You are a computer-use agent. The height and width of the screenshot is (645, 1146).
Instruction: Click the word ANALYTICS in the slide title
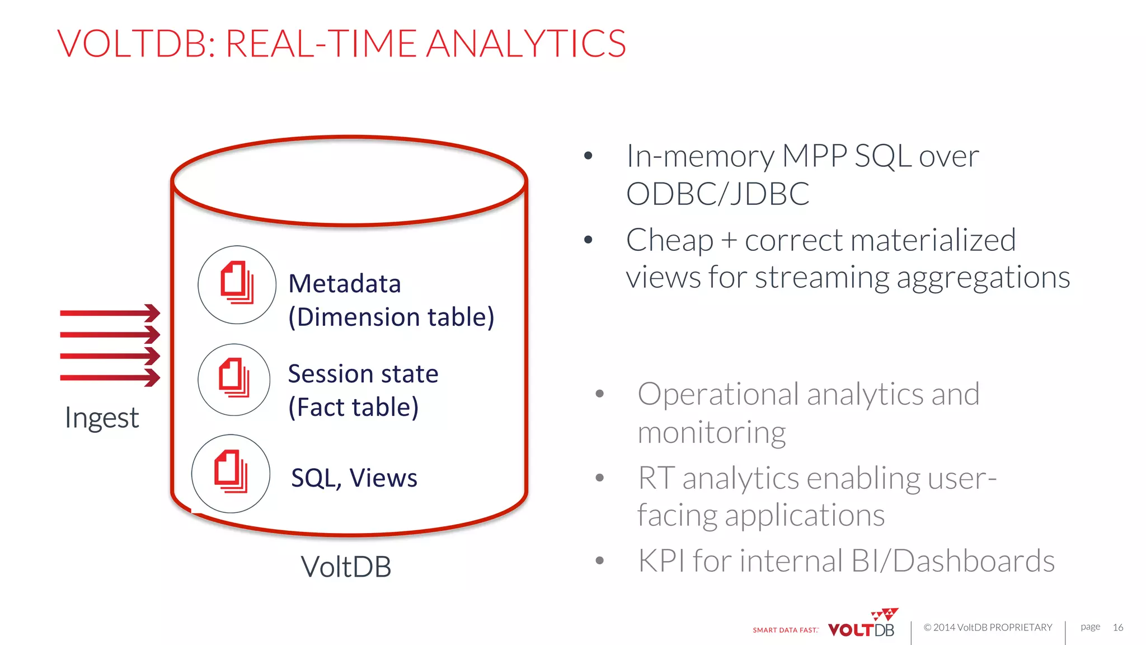point(526,44)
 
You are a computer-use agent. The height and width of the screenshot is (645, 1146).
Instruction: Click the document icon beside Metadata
point(237,284)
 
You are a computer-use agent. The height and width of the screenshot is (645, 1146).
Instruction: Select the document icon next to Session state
point(234,379)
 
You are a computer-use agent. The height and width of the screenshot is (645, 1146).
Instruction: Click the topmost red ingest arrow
point(110,313)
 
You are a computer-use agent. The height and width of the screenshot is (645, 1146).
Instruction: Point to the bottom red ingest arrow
point(110,377)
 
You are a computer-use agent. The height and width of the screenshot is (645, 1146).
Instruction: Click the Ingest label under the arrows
point(101,418)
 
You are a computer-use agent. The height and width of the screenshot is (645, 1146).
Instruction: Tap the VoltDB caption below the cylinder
point(346,567)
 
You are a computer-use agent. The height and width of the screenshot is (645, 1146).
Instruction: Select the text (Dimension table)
point(391,317)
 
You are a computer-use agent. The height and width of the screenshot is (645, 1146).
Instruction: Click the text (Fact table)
point(353,408)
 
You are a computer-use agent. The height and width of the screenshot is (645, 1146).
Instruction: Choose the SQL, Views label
point(354,478)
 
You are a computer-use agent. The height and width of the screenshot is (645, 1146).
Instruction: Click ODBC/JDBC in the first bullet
point(717,194)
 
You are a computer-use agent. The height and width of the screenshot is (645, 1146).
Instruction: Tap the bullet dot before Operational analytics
point(600,394)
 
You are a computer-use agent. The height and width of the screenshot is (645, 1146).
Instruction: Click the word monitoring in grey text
point(711,433)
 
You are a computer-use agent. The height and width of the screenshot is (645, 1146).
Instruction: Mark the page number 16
point(1117,627)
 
